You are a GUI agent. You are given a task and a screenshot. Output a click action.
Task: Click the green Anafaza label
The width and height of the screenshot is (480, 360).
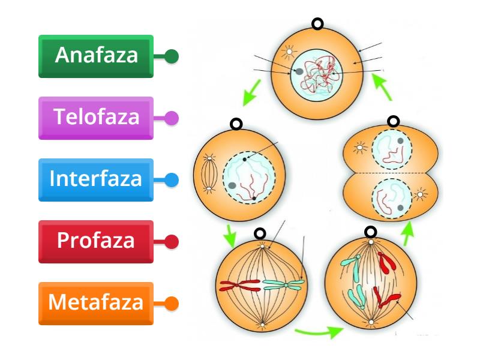click(x=96, y=56)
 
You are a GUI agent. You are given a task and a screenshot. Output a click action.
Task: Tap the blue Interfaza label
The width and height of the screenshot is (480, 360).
click(x=96, y=179)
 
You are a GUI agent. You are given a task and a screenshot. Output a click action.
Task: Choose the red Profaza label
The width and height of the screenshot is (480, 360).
click(x=96, y=241)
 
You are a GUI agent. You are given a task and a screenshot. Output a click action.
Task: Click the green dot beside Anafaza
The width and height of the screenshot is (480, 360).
click(x=172, y=56)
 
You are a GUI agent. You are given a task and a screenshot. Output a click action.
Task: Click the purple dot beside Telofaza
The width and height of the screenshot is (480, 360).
click(x=172, y=118)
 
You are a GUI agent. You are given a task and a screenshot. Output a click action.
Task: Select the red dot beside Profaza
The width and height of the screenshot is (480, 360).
click(x=172, y=242)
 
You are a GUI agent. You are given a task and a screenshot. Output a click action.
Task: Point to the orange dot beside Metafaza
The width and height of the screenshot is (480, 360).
click(x=172, y=304)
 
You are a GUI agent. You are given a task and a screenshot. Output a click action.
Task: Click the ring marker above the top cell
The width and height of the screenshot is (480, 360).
click(x=317, y=24)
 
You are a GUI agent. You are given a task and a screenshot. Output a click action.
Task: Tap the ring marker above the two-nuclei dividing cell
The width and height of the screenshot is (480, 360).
click(x=393, y=122)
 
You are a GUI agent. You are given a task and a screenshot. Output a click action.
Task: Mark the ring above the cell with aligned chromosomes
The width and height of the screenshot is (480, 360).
click(x=260, y=233)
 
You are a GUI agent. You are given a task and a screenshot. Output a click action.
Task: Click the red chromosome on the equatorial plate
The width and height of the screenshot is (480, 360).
click(x=239, y=284)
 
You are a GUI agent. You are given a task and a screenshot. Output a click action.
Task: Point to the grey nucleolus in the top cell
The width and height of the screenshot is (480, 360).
click(x=299, y=72)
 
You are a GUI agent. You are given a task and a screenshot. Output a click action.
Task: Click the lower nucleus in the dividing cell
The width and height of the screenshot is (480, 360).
click(x=391, y=199)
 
